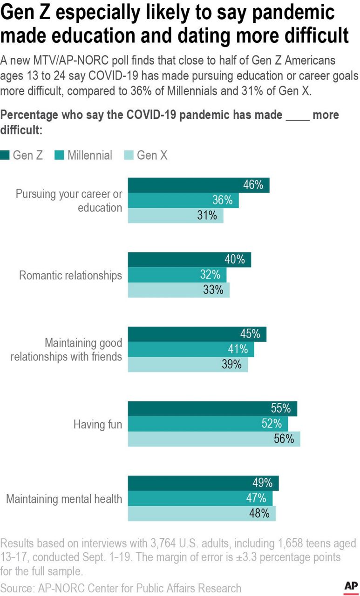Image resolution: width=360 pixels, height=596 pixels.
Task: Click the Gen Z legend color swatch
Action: [x=5, y=156]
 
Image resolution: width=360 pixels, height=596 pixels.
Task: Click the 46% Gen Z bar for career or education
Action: [x=198, y=185]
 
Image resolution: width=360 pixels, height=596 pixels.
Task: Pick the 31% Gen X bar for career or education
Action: [x=176, y=216]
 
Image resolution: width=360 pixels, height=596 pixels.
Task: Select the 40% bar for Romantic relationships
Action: [x=189, y=260]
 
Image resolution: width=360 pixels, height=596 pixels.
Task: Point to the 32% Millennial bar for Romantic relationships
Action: [x=177, y=275]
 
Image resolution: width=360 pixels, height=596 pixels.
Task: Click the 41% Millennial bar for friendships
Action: [x=191, y=349]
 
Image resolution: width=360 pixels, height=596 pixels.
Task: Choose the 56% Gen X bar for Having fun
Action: [x=214, y=439]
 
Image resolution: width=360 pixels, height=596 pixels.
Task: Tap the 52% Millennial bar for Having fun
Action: [x=208, y=424]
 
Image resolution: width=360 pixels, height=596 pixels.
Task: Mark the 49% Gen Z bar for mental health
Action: [x=203, y=483]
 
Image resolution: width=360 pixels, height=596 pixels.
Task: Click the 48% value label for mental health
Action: [x=259, y=513]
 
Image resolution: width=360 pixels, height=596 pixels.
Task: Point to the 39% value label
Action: [x=231, y=365]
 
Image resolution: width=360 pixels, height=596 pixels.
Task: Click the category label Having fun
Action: [x=97, y=424]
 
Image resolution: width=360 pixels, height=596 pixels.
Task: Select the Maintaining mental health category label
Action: [x=64, y=499]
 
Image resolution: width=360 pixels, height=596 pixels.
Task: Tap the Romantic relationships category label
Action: [x=70, y=275]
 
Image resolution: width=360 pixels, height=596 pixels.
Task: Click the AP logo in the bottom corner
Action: [x=350, y=586]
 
